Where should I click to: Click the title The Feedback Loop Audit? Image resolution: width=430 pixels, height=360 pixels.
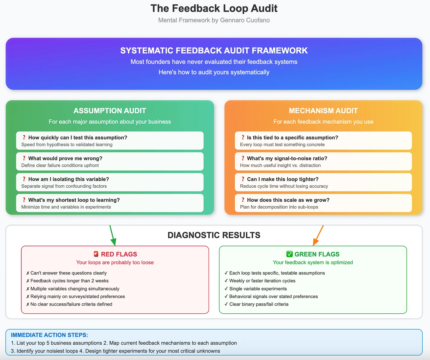pos(214,9)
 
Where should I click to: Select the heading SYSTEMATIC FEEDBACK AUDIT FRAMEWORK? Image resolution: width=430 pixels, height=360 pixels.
pos(214,51)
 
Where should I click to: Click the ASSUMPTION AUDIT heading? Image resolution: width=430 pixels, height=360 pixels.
pos(110,111)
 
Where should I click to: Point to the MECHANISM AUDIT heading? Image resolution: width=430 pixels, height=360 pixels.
pos(323,111)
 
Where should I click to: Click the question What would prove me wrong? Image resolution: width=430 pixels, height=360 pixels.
pos(65,158)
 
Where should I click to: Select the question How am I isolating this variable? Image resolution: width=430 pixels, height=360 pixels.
pos(69,179)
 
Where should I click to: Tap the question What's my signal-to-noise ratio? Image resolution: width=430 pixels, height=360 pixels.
pos(287,158)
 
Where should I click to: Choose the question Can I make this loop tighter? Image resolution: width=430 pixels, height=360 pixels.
pos(282,179)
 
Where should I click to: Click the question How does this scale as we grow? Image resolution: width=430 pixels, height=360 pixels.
pos(288,200)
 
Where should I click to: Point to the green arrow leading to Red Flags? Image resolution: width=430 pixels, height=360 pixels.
pos(113,235)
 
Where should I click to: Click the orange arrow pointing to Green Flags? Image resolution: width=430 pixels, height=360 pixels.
pos(318,235)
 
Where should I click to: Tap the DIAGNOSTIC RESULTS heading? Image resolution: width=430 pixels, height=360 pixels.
pos(214,235)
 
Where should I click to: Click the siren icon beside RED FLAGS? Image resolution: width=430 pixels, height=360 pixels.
pos(96,254)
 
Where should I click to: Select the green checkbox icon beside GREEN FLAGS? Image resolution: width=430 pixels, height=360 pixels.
pos(289,254)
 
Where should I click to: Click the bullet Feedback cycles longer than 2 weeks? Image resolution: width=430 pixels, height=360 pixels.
pos(69,281)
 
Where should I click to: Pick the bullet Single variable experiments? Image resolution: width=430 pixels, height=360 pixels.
pos(258,289)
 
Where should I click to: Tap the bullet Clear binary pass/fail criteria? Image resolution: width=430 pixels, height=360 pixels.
pos(259,304)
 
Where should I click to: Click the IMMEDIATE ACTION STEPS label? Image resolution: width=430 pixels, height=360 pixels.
pos(49,335)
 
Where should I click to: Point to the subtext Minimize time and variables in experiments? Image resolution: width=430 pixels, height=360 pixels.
pos(66,207)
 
